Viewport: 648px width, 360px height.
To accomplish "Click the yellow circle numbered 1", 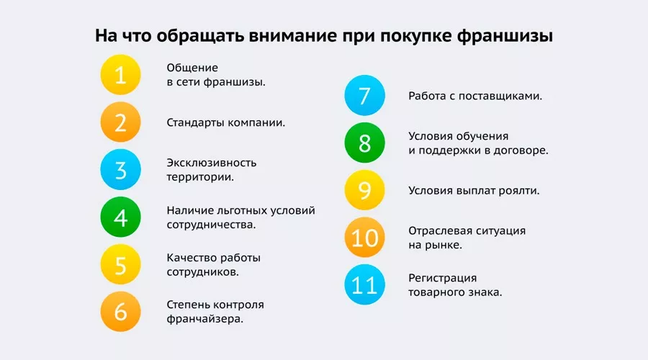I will point(121,75).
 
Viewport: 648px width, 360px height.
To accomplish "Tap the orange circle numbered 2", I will point(121,122).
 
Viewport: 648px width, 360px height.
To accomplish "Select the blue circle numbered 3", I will point(121,170).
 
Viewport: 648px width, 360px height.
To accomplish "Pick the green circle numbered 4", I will point(121,217).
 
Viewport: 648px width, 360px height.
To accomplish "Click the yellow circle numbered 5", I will point(121,265).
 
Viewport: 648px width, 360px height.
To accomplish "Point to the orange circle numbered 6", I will point(121,312).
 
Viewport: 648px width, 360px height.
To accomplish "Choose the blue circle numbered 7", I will point(365,96).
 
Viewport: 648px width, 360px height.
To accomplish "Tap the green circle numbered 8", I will point(365,143).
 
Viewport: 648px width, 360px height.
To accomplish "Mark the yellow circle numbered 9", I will point(365,191).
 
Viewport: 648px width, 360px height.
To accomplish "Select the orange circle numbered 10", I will point(365,238).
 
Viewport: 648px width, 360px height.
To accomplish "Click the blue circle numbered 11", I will point(365,286).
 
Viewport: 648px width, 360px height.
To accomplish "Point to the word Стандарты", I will point(196,122).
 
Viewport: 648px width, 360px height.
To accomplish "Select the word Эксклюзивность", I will point(212,163).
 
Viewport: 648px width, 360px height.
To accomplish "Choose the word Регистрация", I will point(443,279).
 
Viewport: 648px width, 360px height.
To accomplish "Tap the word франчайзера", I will point(204,318).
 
